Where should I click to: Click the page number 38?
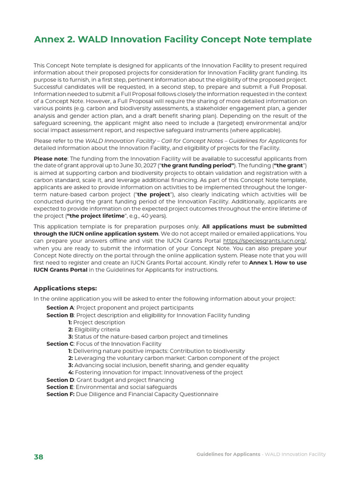pos(38,457)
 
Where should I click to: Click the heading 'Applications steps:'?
pos(65,288)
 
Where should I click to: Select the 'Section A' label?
pos(60,308)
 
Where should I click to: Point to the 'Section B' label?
pos(60,315)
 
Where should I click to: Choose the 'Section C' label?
pos(60,344)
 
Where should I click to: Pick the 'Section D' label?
pos(60,380)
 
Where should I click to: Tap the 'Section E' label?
pos(60,387)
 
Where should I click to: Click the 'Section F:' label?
pos(60,395)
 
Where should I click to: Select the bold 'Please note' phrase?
pos(50,159)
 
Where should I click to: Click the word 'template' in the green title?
pos(290,40)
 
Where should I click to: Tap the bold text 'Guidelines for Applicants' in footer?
pos(228,454)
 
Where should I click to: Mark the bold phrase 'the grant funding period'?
pos(197,166)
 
